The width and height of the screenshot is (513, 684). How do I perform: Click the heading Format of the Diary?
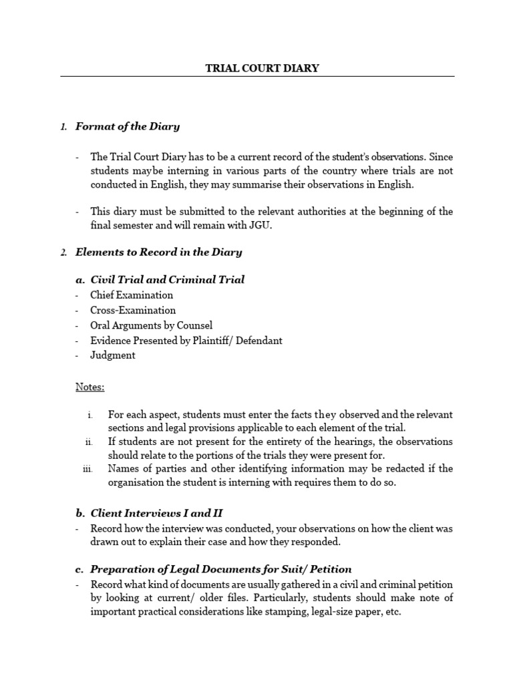[127, 126]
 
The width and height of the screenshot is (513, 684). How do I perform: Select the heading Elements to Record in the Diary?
[158, 252]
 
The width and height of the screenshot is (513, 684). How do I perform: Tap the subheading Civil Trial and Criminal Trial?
[167, 280]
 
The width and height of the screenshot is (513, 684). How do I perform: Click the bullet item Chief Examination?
[132, 295]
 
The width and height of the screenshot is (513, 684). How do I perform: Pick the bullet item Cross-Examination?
[133, 311]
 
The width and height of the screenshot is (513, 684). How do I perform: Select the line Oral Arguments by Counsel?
[152, 325]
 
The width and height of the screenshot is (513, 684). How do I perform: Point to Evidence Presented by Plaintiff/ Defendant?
[186, 341]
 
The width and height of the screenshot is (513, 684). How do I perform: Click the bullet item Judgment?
[113, 355]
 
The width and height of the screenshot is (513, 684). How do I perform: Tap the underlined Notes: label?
[90, 387]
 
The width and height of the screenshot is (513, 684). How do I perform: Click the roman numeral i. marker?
[90, 415]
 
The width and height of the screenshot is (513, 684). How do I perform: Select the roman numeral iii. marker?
[87, 469]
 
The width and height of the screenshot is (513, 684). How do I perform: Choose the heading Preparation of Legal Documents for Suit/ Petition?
[220, 569]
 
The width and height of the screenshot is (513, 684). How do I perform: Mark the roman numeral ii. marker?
[88, 442]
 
